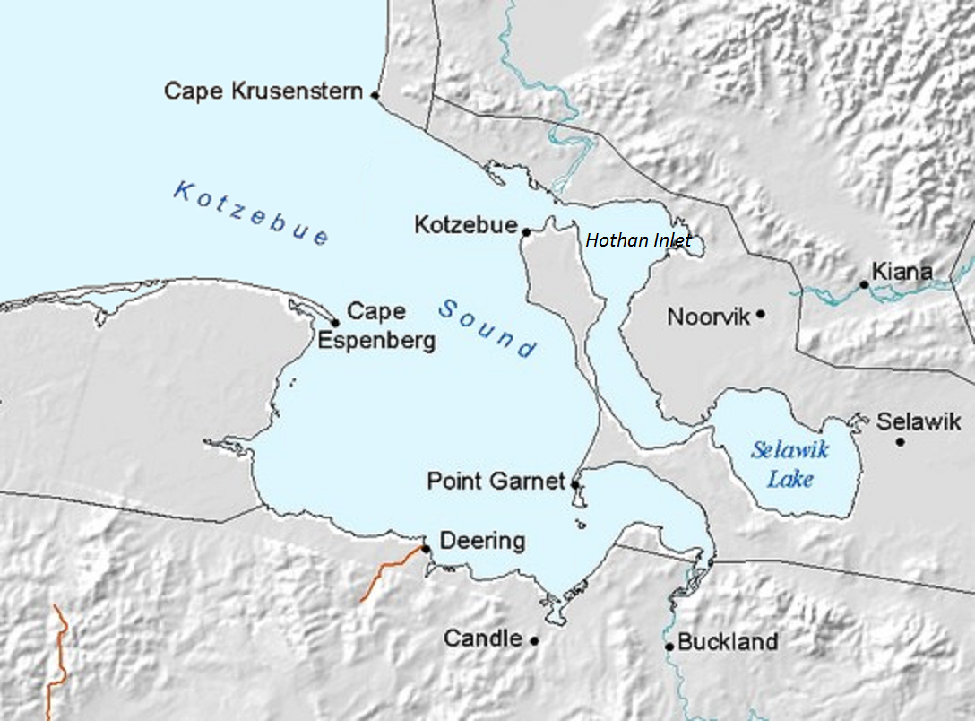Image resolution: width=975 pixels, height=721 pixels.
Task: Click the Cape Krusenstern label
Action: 263,91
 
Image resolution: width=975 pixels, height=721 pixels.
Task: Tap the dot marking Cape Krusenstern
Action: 375,94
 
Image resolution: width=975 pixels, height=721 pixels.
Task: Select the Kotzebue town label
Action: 465,225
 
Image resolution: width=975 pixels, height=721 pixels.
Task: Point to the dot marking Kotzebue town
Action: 526,232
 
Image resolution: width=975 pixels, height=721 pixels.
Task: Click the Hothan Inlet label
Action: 638,240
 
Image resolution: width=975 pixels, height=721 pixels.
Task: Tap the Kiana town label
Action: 901,272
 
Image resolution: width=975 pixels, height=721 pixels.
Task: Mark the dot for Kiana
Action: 864,284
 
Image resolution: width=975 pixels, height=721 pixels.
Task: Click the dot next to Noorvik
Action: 760,314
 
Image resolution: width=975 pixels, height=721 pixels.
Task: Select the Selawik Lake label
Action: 789,465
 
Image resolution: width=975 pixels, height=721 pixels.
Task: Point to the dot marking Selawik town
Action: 900,441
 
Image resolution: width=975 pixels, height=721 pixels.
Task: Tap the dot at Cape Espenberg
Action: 335,323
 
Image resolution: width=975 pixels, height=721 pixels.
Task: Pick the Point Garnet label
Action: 496,481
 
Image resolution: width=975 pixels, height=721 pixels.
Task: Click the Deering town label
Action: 482,541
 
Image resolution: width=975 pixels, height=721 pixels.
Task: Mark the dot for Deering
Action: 426,549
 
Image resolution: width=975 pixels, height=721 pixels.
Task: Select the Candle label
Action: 482,638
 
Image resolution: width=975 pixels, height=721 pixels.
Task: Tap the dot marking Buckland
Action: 669,646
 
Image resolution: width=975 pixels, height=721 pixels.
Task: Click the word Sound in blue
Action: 487,328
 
